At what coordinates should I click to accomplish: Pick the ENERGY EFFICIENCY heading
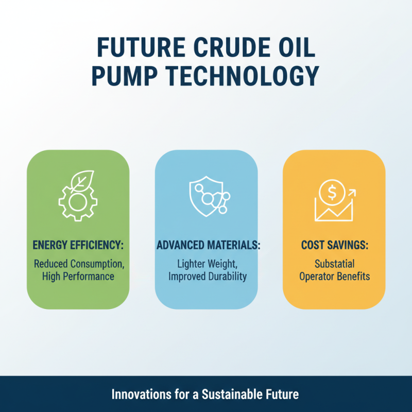(x=77, y=245)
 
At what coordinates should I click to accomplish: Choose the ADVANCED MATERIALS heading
(x=206, y=245)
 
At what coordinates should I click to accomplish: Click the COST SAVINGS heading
(x=334, y=245)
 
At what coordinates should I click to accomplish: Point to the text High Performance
(x=78, y=277)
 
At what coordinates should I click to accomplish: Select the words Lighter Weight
(x=205, y=264)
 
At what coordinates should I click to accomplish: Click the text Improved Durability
(x=206, y=277)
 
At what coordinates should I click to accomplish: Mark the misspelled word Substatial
(x=335, y=264)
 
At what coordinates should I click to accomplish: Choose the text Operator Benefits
(x=335, y=277)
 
